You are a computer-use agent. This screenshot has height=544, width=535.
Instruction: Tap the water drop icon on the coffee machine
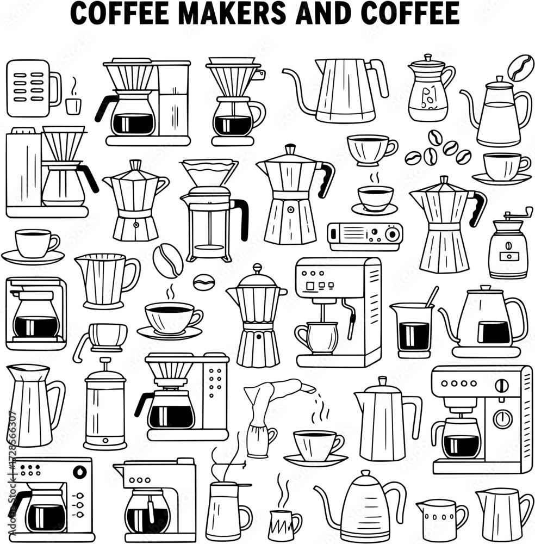click(80, 472)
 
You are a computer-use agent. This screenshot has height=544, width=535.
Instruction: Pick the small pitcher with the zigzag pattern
click(285, 524)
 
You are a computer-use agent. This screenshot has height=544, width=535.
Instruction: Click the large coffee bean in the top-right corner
click(520, 67)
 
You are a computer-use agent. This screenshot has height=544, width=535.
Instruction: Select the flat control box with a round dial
click(365, 237)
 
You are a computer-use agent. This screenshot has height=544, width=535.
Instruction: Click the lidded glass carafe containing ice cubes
click(430, 89)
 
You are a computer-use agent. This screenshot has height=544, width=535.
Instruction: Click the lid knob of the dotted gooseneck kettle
click(365, 473)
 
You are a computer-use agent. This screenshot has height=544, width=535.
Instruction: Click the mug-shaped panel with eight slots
click(34, 89)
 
